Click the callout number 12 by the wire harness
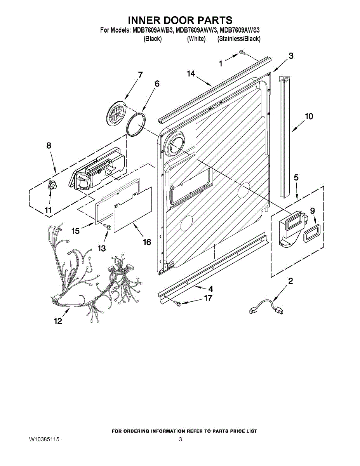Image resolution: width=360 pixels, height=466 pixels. click(58, 321)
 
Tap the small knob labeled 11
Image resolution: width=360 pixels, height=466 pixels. click(52, 185)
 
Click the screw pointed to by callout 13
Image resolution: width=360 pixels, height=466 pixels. click(107, 226)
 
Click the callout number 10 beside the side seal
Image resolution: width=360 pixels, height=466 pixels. click(309, 116)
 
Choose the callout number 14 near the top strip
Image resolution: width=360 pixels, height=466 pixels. click(191, 73)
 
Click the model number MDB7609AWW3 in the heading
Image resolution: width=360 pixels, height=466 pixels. click(195, 30)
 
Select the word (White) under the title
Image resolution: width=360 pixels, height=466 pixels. click(196, 39)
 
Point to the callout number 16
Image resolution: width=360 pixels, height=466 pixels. click(147, 242)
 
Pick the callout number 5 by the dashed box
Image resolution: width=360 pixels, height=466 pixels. click(296, 177)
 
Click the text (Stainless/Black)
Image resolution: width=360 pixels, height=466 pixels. click(239, 39)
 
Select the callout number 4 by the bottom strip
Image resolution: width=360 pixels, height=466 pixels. click(211, 289)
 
